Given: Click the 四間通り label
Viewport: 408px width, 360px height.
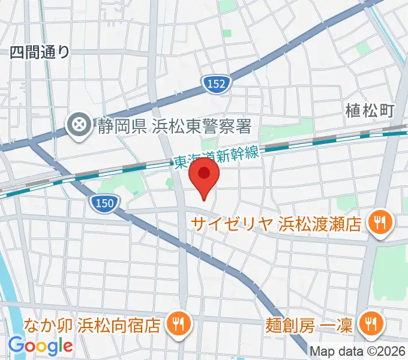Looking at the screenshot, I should point(40,52).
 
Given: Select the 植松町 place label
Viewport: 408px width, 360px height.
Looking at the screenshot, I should point(370,110).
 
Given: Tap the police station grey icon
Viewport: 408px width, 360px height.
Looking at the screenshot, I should point(79,125).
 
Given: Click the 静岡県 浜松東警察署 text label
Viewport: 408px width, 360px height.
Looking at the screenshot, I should point(173,126).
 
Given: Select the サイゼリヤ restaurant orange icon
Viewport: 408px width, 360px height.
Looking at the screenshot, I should point(379,223).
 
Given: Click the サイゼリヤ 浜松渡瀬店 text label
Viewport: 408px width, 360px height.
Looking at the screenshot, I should point(276,224).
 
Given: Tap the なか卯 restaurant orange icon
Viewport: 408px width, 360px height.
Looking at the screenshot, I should point(178,325).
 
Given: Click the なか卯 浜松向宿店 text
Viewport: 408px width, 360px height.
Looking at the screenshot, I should point(92,325).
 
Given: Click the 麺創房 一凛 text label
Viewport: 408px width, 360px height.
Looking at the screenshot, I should point(310,325).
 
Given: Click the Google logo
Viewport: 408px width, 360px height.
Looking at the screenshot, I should point(40,346).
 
